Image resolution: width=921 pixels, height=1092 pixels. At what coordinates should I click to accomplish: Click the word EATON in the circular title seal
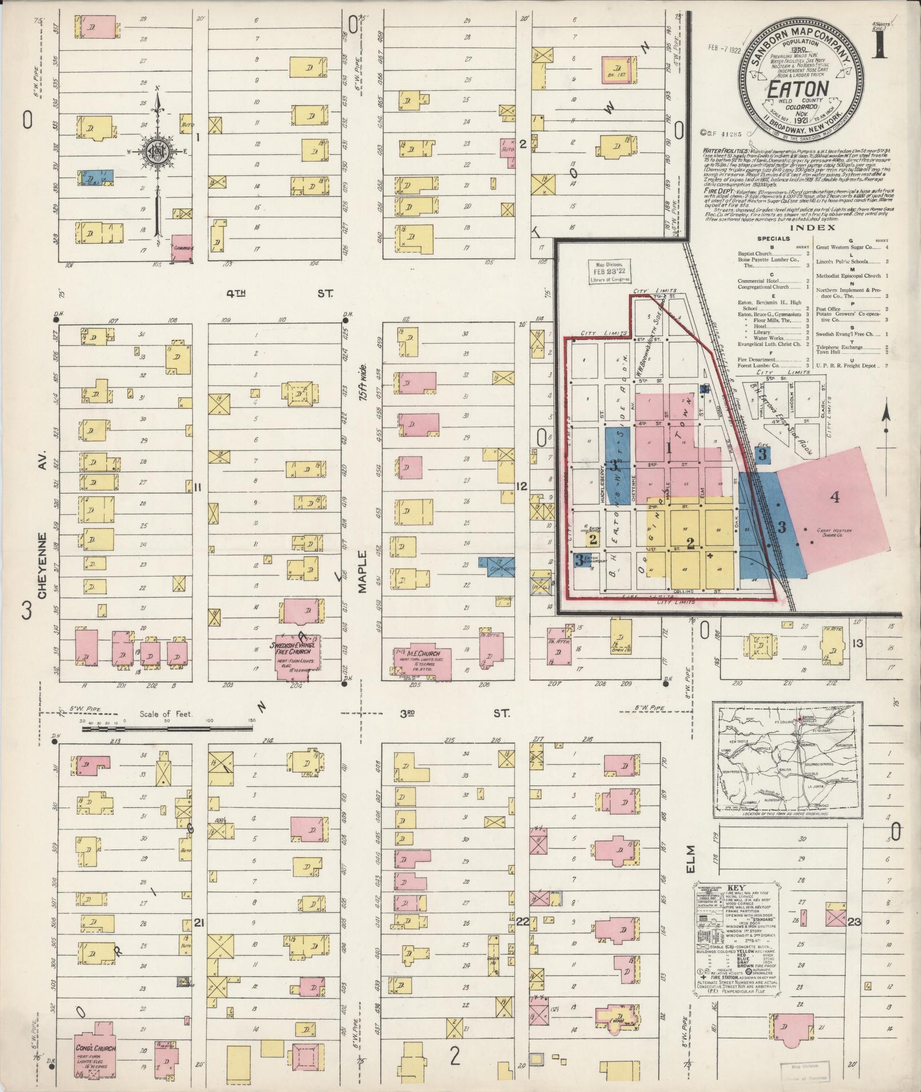tap(797, 89)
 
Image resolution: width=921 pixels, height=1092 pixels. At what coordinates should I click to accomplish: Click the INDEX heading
tap(821, 228)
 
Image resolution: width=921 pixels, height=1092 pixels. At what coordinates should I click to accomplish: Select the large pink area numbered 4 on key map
tap(834, 498)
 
